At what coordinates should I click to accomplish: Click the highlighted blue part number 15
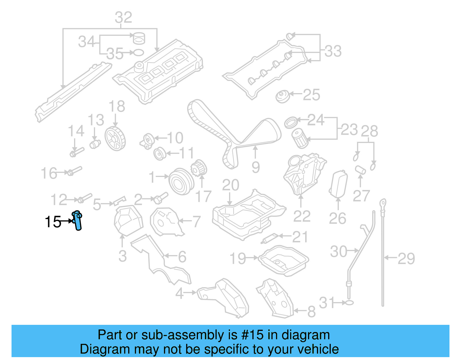(x=77, y=220)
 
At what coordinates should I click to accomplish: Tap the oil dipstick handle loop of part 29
(x=383, y=203)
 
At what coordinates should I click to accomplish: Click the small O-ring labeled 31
(x=349, y=303)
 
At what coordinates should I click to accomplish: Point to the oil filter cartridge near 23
(x=299, y=139)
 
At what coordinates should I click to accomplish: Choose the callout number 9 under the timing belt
(x=256, y=167)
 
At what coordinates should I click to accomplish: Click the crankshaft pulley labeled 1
(x=181, y=182)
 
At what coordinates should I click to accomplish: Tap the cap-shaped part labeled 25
(x=282, y=96)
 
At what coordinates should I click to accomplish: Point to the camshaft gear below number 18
(x=115, y=139)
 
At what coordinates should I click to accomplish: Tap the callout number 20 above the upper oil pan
(x=231, y=185)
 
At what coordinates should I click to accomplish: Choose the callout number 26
(x=337, y=218)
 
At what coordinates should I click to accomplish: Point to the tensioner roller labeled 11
(x=160, y=154)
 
